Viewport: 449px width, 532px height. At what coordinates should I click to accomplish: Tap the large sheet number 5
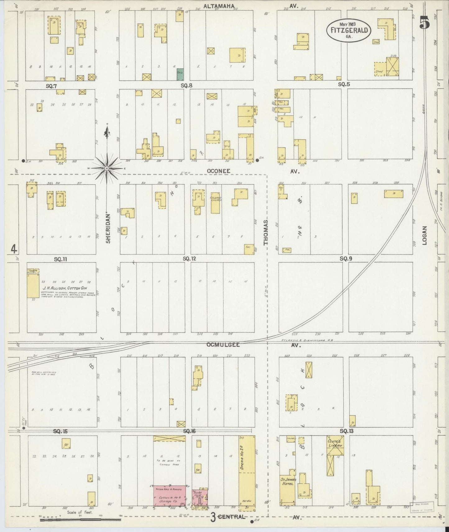(424, 23)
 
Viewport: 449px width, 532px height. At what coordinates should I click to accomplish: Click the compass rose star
(107, 168)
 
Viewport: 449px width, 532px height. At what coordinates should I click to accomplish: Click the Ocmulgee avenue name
(223, 345)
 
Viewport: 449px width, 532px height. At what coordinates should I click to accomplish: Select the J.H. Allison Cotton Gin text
(61, 288)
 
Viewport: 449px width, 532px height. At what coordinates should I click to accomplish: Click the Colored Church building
(215, 202)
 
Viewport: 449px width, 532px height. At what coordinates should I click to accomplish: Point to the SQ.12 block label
(189, 258)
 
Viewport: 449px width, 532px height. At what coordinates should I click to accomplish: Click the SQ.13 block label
(346, 431)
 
